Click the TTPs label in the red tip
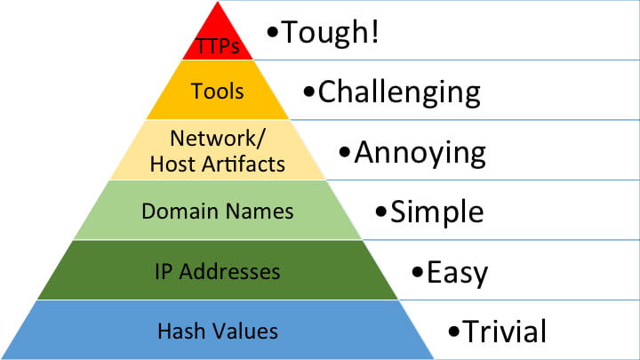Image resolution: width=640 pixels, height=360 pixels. [x=218, y=46]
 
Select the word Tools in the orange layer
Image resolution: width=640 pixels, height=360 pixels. [x=218, y=91]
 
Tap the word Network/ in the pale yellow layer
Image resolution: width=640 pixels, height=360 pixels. [x=218, y=139]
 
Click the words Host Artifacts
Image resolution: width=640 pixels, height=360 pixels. [x=218, y=164]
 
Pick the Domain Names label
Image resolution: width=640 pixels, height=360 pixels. [x=218, y=212]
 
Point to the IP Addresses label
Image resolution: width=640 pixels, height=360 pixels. [x=218, y=271]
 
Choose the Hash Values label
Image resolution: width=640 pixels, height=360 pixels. [x=218, y=332]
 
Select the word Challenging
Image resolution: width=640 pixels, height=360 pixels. [x=399, y=92]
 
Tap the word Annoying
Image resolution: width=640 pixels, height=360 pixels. [x=420, y=152]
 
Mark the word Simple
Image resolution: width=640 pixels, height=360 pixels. [x=437, y=212]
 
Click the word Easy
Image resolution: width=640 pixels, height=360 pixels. [x=457, y=272]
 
